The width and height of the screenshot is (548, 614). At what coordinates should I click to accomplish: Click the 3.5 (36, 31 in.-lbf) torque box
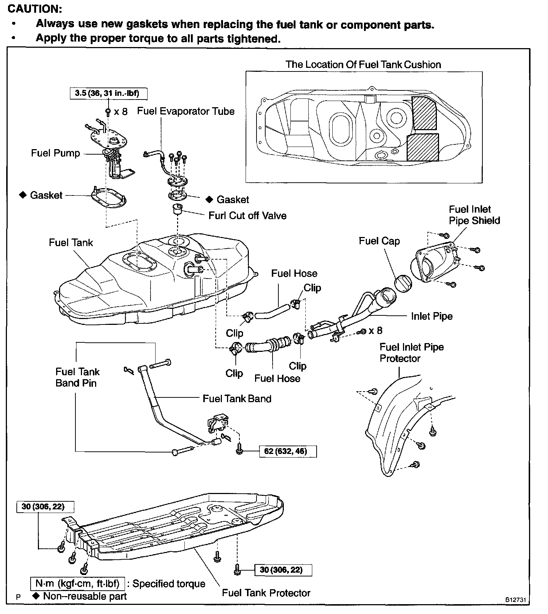tap(108, 93)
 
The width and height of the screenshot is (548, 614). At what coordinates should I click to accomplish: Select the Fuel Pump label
tap(55, 153)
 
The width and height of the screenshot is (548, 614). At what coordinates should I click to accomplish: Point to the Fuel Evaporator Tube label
tap(185, 111)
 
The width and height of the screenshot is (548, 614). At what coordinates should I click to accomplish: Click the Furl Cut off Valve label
tap(247, 215)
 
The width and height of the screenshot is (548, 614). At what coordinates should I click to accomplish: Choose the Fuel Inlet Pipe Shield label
tap(474, 215)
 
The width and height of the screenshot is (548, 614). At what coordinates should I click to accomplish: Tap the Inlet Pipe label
tap(432, 316)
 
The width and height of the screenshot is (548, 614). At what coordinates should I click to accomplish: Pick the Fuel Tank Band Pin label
tap(77, 377)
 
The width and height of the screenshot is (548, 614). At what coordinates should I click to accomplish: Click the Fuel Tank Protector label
tap(266, 593)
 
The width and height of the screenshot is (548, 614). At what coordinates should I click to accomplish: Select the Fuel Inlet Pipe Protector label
tap(411, 353)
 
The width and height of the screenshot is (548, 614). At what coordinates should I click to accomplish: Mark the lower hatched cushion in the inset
tap(422, 147)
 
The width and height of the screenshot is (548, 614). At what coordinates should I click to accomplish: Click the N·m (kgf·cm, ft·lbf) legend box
tap(78, 583)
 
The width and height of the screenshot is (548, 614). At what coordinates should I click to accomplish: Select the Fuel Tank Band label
tap(237, 399)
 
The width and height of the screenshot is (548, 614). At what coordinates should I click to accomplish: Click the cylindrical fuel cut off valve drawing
tap(177, 210)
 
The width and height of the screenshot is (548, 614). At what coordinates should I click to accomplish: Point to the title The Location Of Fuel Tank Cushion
tap(363, 65)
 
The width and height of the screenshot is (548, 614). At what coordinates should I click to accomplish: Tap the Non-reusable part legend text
tap(85, 596)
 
